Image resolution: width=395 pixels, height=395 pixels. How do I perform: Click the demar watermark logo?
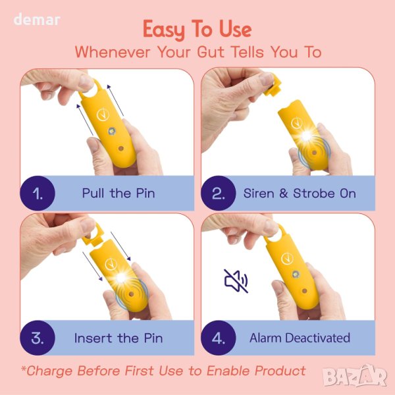[x=37, y=20]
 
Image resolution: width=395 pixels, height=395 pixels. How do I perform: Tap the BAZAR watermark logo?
[x=355, y=377]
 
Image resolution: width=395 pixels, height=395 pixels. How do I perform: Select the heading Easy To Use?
[x=197, y=30]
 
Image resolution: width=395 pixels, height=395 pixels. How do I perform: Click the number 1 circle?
[x=38, y=193]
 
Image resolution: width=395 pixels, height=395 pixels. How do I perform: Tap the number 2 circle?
[x=219, y=193]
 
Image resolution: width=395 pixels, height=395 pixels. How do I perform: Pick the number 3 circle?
[x=38, y=338]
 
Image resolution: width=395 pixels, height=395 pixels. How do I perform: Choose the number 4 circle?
[x=219, y=338]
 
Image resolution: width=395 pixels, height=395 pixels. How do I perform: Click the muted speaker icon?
[x=236, y=281]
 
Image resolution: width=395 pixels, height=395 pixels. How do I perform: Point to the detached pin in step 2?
[x=272, y=85]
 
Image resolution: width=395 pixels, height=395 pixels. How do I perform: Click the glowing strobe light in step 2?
[x=306, y=136]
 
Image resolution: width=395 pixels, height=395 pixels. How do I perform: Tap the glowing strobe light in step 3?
[x=121, y=278]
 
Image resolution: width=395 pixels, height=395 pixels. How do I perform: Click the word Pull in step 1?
[x=93, y=194]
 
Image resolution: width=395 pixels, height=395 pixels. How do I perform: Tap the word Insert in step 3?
[x=93, y=338]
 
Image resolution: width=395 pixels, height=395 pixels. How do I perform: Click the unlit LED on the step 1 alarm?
[x=112, y=131]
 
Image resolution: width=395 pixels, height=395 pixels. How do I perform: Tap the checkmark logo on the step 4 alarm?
[x=287, y=259]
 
